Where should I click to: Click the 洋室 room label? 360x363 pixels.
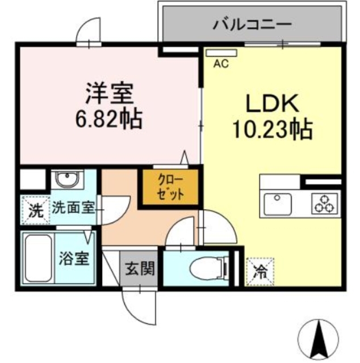point(108,92)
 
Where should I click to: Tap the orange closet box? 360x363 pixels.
point(170,188)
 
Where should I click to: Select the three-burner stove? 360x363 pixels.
point(325,203)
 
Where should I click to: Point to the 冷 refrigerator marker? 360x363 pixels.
point(259,270)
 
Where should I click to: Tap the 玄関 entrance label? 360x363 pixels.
point(138,268)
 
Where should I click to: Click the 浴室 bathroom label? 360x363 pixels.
point(74,260)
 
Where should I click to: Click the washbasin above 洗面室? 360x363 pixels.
point(67,181)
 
